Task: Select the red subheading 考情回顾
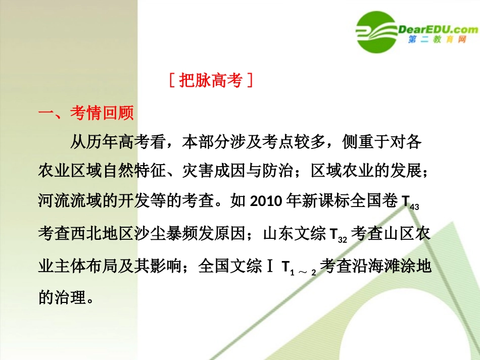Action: pos(102,113)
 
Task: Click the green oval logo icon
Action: pos(376,31)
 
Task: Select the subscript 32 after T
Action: pos(342,239)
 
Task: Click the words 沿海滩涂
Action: pos(385,266)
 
